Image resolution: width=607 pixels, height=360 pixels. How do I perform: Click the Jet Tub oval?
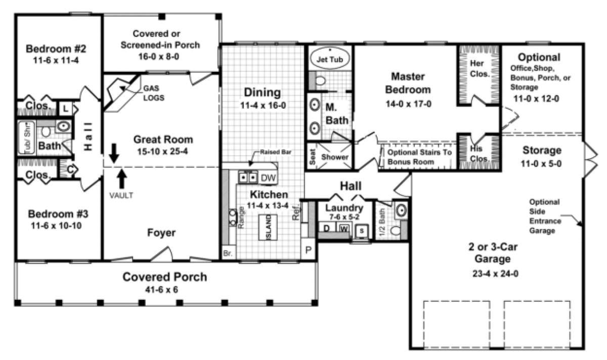point(329,59)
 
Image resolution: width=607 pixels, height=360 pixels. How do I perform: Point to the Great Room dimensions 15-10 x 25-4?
point(163,151)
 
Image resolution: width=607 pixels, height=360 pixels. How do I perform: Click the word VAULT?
point(121,195)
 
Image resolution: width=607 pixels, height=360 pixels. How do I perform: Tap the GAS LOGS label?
point(153,93)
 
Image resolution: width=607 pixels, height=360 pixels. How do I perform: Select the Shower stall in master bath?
point(334,157)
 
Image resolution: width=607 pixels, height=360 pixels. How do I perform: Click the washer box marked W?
point(344,229)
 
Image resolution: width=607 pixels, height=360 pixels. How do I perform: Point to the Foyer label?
point(161,233)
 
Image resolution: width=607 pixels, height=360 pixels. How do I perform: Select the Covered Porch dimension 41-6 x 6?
point(164,290)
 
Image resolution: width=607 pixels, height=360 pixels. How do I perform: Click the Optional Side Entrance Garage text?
point(544,216)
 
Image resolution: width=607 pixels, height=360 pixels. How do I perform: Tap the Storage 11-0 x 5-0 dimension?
point(542,164)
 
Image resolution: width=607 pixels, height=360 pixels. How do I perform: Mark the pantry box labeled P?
point(308,250)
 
